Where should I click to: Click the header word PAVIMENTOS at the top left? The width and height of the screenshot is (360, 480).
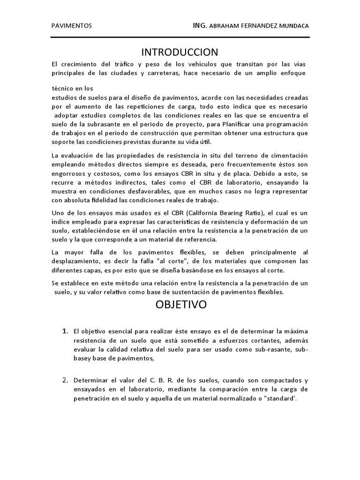pyautogui.click(x=71, y=26)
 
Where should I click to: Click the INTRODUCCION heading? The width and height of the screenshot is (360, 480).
pyautogui.click(x=180, y=52)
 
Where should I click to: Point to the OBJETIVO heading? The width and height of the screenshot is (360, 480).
pyautogui.click(x=181, y=305)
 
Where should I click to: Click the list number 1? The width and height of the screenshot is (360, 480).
pyautogui.click(x=66, y=331)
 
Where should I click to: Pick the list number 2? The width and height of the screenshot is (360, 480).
pyautogui.click(x=66, y=380)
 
